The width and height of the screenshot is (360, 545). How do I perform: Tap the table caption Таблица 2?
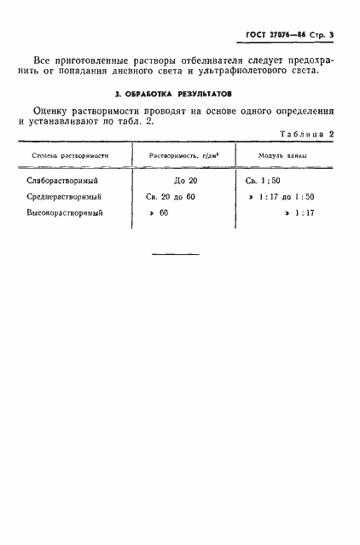[306, 135]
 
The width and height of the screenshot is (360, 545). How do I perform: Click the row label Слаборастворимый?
[64, 182]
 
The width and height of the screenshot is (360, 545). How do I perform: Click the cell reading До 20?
[185, 182]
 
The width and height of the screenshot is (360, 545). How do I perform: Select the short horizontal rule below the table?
[175, 254]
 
